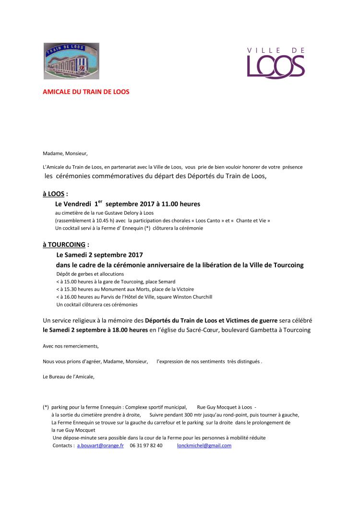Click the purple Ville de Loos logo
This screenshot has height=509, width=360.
click(x=276, y=63)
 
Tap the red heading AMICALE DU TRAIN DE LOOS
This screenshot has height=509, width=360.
click(x=86, y=91)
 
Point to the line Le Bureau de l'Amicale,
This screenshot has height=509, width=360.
click(x=69, y=376)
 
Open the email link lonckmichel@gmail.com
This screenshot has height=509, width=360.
click(x=204, y=446)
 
